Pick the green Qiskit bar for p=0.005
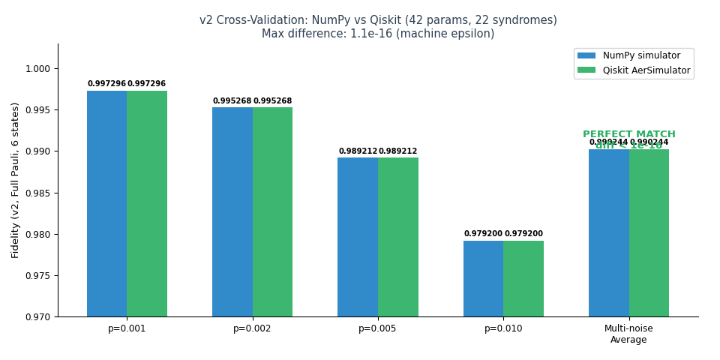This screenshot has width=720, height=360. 398,237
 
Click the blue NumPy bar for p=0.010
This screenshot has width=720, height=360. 483,278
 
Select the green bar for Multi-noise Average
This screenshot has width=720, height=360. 649,232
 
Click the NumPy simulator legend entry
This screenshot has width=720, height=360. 634,55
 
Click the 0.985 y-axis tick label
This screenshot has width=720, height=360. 37,193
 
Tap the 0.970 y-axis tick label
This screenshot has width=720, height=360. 37,317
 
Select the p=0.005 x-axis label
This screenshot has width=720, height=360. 377,329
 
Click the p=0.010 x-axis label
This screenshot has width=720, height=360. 503,329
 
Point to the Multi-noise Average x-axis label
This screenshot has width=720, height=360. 628,334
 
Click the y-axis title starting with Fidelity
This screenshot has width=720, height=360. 16,180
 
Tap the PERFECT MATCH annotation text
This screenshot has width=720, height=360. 628,134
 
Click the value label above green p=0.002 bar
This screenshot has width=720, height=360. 272,101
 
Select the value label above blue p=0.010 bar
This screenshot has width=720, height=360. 483,234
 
